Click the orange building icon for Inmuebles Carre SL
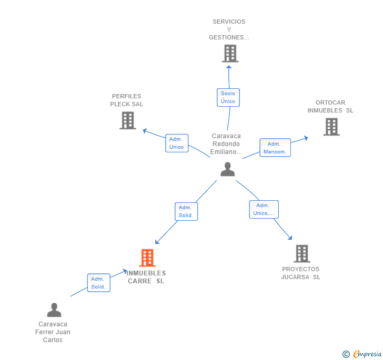click(147, 258)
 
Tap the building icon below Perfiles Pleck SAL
click(128, 120)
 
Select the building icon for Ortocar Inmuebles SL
click(331, 127)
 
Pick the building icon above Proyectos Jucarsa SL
click(302, 253)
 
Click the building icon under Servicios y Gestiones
click(230, 53)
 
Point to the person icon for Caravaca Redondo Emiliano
click(227, 169)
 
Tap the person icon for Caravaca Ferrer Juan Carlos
click(54, 310)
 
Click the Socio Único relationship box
click(228, 97)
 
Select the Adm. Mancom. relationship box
click(275, 148)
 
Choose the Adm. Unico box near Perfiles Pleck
click(177, 143)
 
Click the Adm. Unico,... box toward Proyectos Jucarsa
click(264, 209)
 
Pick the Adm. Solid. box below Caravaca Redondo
click(186, 211)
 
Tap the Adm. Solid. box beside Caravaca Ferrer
click(99, 283)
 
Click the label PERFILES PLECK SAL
click(126, 100)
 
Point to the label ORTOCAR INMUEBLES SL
click(330, 106)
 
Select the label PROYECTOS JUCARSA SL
click(301, 273)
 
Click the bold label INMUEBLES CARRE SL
click(146, 277)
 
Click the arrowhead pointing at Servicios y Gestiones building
click(229, 67)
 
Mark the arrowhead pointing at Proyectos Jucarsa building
click(290, 238)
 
